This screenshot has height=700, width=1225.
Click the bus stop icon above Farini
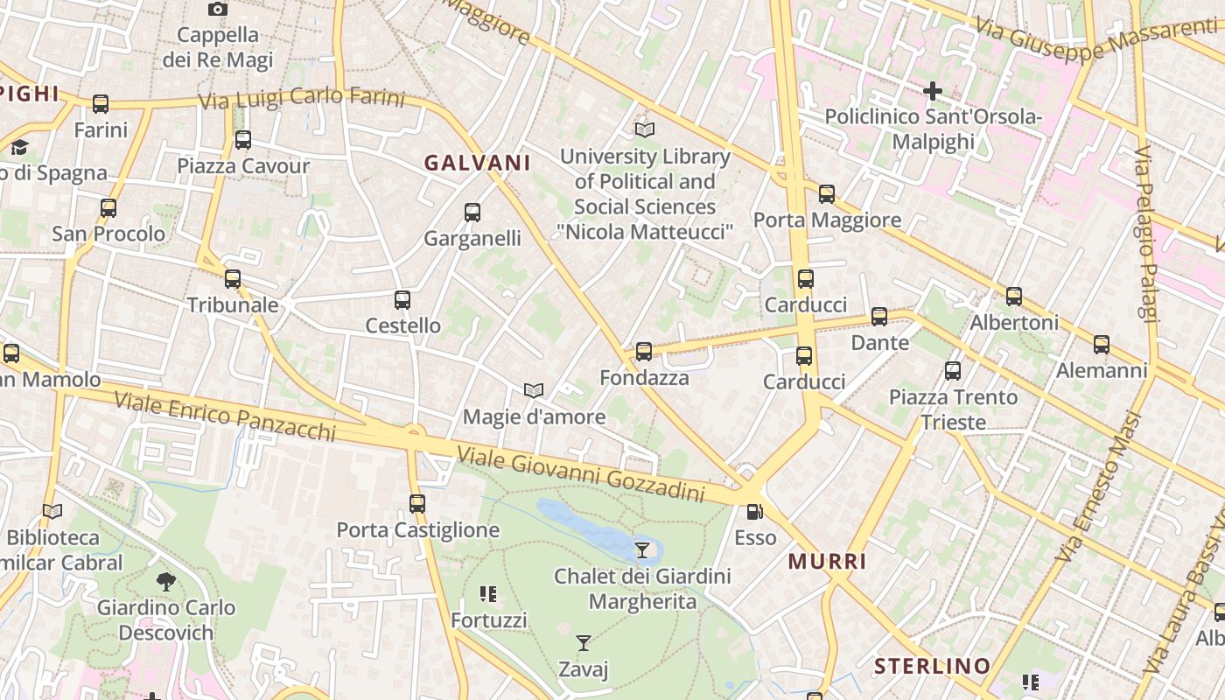coord(101,104)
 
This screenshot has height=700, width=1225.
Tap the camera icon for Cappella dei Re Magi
coord(218,10)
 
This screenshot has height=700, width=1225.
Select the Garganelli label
coord(472,238)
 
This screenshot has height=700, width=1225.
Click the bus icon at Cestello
coord(402,300)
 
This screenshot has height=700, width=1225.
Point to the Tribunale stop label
coord(233,304)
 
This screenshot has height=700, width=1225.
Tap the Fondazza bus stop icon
coord(644,352)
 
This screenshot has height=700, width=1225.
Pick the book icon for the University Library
coord(645,129)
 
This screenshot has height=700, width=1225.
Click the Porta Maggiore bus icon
coord(827,194)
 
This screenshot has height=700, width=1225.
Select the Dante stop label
coord(880,342)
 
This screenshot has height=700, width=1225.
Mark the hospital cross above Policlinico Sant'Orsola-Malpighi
coord(933,90)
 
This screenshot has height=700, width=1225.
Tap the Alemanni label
coord(1102,370)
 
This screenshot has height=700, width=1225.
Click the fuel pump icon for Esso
coord(754,512)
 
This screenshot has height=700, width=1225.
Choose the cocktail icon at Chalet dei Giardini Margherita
coord(643,549)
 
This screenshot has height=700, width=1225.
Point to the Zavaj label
coord(584,669)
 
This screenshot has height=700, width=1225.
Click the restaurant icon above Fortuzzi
coord(488,595)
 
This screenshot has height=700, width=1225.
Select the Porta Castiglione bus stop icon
coord(417,504)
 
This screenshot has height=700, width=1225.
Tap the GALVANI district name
coord(478,163)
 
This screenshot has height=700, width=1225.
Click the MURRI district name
coord(828,562)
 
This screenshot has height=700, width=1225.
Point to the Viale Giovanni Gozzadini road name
coord(581,475)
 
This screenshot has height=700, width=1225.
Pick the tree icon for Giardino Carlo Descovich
coord(165,581)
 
